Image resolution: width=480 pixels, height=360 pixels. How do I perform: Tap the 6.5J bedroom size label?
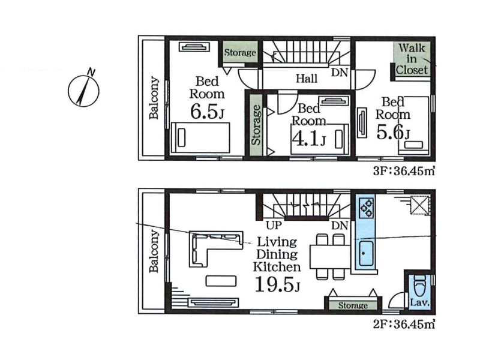point(207,112)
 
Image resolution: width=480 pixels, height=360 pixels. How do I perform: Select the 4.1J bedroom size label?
point(309,139)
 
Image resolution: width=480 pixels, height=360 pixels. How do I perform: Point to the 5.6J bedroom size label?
point(393,133)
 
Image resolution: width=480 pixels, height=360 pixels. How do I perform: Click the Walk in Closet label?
point(412,59)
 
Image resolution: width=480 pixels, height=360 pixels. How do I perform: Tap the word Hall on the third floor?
point(307,79)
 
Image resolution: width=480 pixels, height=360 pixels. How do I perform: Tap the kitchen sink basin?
point(366,253)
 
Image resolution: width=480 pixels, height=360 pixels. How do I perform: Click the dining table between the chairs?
point(330,257)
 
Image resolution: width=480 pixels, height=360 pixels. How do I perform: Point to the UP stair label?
point(274,226)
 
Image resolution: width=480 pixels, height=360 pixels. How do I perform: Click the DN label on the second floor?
point(340,226)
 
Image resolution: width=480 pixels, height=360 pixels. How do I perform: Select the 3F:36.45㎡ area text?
point(404,171)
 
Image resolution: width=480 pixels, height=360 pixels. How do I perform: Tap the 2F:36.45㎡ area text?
point(404,324)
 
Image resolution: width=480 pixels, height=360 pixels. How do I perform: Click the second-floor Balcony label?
point(154,251)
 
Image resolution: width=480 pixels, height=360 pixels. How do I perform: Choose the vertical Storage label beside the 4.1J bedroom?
point(256,125)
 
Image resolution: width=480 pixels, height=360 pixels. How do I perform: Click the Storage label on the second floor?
point(353,305)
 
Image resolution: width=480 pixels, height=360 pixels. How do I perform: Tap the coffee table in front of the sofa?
point(221,281)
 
